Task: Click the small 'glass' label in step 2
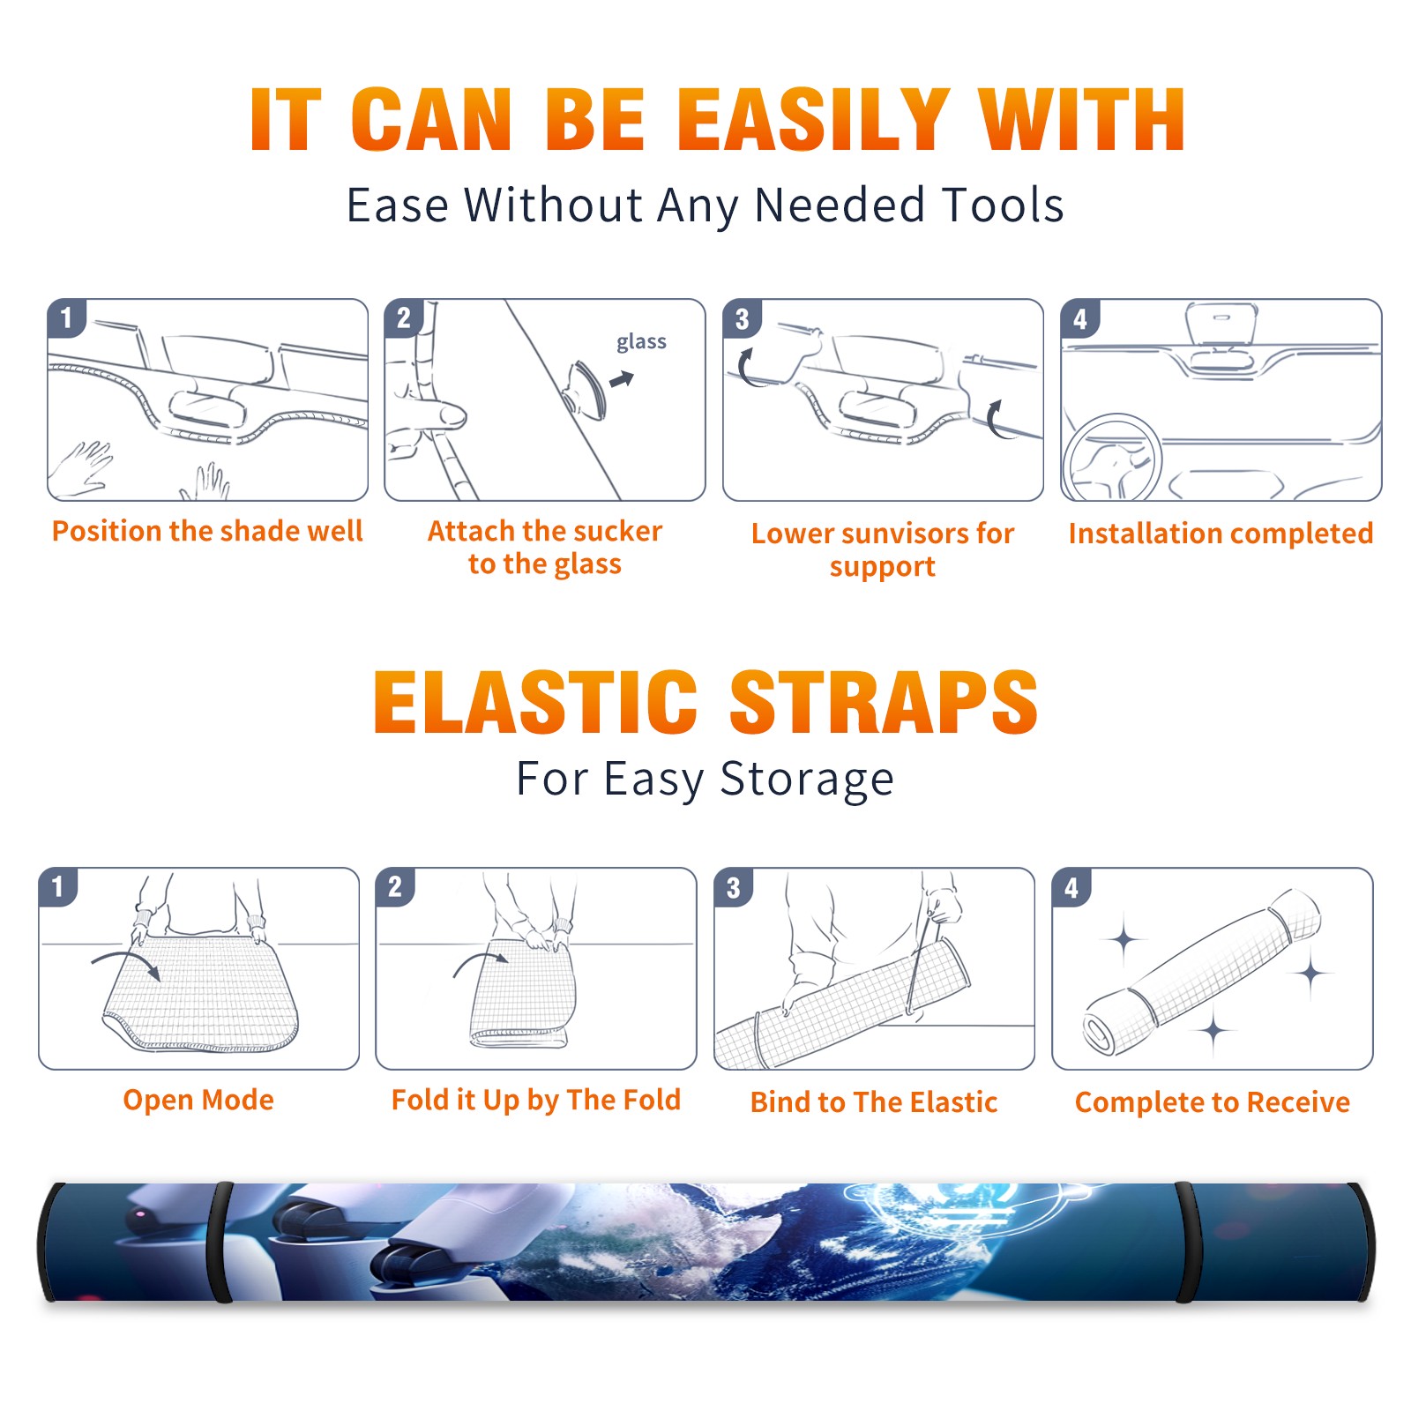[641, 342]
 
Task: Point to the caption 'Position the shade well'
[207, 531]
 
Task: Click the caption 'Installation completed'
[1221, 534]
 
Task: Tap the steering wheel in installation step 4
[1111, 459]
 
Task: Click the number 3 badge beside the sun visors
[742, 318]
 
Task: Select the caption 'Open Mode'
[198, 1100]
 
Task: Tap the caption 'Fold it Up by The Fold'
[536, 1100]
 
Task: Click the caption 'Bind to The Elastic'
[874, 1102]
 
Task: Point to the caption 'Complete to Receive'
[1213, 1102]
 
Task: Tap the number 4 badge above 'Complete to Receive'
[1071, 887]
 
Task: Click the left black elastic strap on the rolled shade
[220, 1242]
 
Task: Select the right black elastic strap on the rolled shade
[1187, 1242]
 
